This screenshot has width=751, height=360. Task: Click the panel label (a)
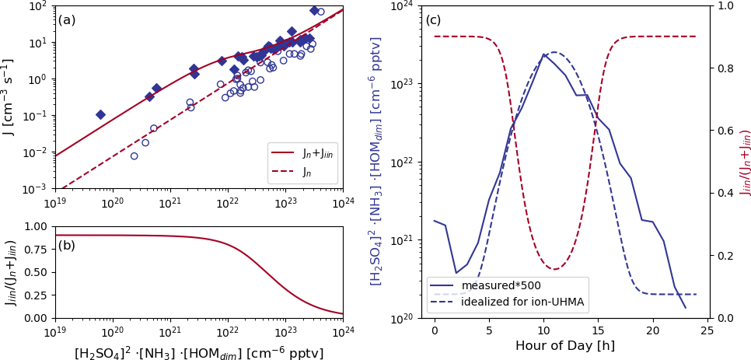[67, 19]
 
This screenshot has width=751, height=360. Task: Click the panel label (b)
[67, 246]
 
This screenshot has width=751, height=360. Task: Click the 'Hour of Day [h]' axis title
[564, 346]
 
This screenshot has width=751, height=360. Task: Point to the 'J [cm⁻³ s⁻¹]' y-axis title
[9, 97]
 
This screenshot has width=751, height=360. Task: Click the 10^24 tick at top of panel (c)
[401, 6]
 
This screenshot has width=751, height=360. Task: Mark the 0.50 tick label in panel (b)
[37, 272]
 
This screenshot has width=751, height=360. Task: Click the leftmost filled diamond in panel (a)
[100, 114]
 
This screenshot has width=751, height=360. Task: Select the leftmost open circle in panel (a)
[134, 156]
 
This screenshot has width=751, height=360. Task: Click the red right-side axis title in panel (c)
[745, 162]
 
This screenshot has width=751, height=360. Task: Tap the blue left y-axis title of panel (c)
[376, 162]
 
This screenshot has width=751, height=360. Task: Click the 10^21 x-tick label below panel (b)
[170, 331]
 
